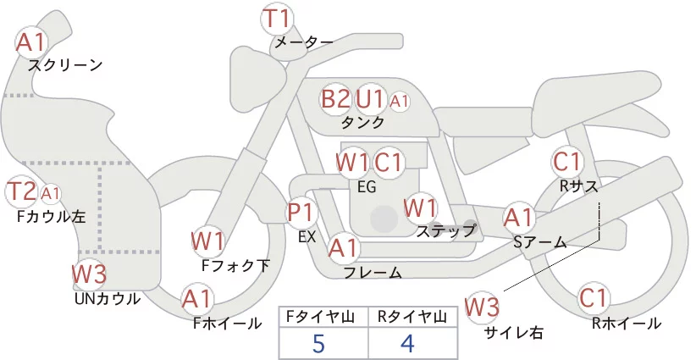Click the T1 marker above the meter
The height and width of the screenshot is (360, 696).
[276, 19]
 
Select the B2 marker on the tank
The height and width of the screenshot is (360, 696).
[335, 99]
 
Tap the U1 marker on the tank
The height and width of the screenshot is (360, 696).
[370, 99]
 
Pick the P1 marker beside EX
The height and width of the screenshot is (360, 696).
[301, 213]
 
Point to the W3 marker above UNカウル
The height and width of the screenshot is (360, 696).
[89, 274]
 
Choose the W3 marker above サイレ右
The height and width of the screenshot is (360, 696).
[482, 307]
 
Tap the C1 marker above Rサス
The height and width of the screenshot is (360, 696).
[567, 162]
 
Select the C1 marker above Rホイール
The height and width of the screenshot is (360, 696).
[594, 298]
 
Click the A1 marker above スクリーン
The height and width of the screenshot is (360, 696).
[30, 42]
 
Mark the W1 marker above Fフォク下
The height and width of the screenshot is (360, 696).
[207, 241]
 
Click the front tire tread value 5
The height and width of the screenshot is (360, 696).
[318, 343]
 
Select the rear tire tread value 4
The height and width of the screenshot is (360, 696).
[407, 343]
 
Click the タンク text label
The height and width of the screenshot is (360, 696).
[362, 122]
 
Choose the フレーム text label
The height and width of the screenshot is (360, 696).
[373, 273]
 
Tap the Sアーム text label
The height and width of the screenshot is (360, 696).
[539, 242]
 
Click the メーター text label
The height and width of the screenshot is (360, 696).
[304, 42]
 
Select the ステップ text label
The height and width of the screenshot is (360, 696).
[445, 231]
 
